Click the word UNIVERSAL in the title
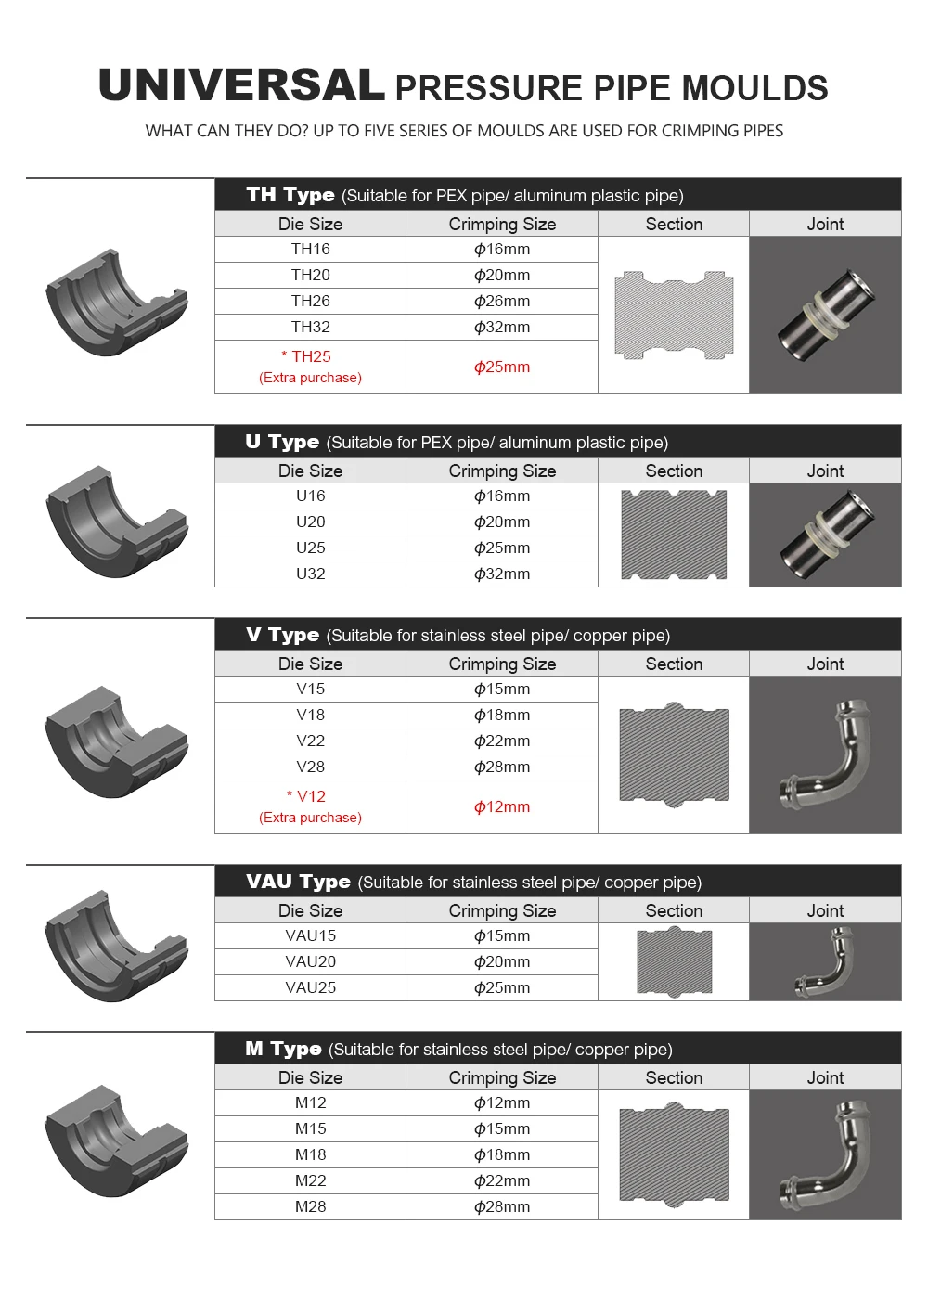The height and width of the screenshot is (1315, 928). (241, 86)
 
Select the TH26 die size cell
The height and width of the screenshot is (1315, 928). (310, 301)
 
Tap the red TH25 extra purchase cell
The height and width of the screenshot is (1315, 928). (310, 367)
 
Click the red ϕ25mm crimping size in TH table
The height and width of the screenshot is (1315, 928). (502, 367)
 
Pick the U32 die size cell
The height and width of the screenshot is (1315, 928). (310, 574)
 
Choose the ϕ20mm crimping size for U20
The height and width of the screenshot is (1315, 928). (502, 522)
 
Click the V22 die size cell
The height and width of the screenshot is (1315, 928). (310, 741)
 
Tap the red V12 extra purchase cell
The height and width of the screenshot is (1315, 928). (310, 806)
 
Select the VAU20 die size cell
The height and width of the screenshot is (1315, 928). (310, 961)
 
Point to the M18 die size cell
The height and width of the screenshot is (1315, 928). (310, 1154)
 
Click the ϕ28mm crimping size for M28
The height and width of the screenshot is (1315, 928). (502, 1206)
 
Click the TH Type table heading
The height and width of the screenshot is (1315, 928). (290, 195)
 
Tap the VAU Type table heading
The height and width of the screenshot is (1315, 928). (298, 882)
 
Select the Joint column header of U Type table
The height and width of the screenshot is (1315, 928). (825, 471)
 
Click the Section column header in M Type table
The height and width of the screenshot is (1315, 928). (674, 1077)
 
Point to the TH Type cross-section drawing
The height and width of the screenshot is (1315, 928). (674, 316)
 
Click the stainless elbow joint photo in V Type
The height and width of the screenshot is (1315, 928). (825, 754)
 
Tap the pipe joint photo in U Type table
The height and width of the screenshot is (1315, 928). (825, 535)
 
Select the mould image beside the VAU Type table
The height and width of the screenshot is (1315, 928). (116, 947)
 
